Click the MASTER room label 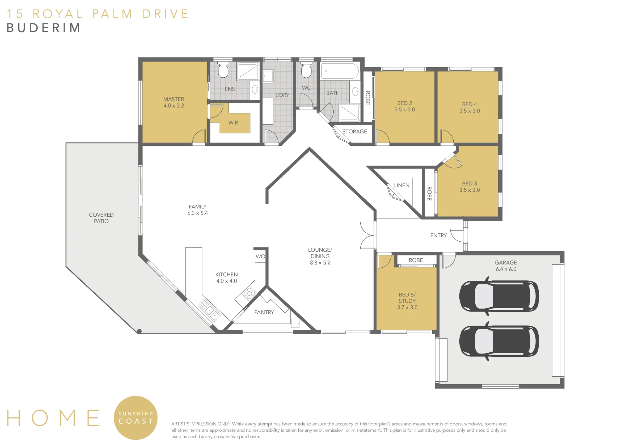pos(174,99)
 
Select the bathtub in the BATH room pos(340,71)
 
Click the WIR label pos(233,123)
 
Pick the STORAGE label pos(355,132)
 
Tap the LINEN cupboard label pos(402,185)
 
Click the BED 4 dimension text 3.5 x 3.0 pos(470,111)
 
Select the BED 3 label pos(469,183)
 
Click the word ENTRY pos(438,235)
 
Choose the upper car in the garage pos(499,296)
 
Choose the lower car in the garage pos(499,341)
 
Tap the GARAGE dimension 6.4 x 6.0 pos(506,269)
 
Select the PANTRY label pos(264,312)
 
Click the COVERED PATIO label pos(101,218)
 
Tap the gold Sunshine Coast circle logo pos(136,418)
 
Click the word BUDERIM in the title pos(43,28)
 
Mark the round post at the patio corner pos(139,331)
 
